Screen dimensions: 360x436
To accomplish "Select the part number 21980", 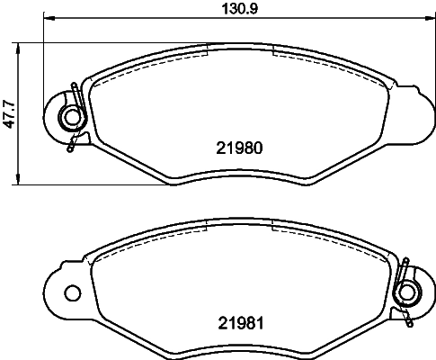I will tap(239, 148).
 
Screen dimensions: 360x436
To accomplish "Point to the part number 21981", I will tap(239, 322).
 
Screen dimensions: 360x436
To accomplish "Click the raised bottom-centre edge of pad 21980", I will tap(238, 171).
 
